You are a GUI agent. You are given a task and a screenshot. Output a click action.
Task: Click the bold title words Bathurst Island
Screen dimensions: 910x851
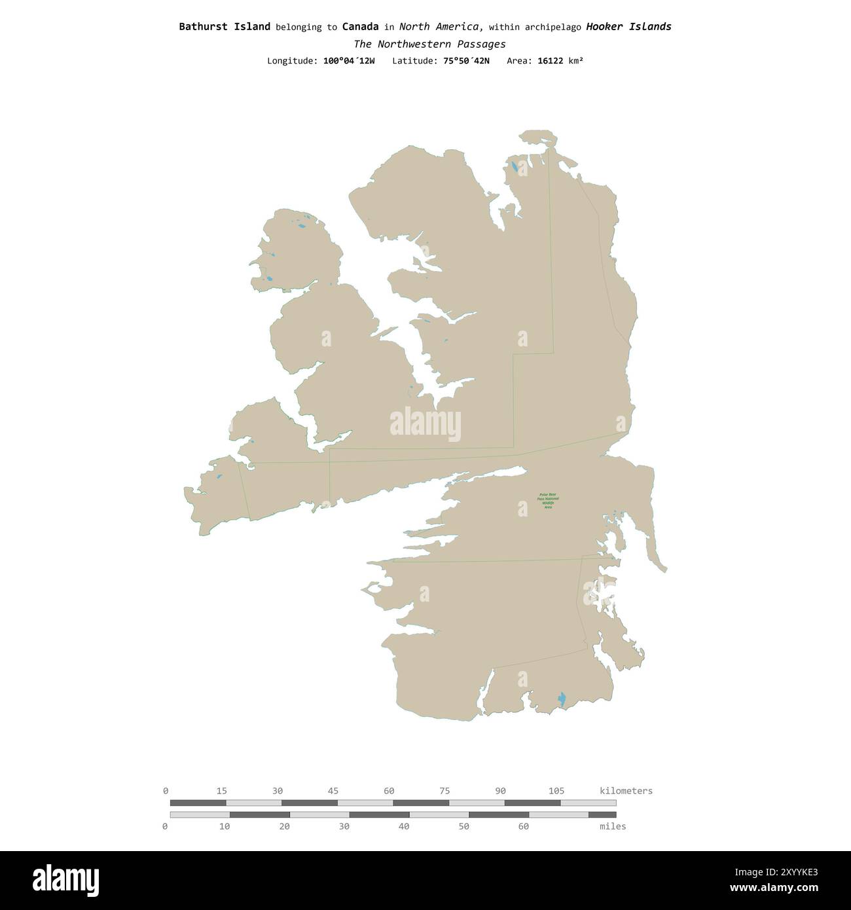(225, 27)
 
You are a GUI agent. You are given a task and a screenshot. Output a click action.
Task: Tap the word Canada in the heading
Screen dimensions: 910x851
(360, 27)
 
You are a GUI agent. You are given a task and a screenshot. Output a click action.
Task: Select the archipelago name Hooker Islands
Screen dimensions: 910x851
(628, 27)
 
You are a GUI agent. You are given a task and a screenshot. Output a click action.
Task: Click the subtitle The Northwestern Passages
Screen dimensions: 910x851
(429, 44)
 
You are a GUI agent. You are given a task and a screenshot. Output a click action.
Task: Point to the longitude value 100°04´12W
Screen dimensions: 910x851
(349, 61)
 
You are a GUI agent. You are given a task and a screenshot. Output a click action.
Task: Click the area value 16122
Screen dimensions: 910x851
(550, 61)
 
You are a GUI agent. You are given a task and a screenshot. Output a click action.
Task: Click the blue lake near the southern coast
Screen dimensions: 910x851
(562, 699)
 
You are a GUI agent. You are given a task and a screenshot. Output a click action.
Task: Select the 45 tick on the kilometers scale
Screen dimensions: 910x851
(333, 791)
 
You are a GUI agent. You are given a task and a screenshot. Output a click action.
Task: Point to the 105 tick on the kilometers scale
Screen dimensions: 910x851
(556, 791)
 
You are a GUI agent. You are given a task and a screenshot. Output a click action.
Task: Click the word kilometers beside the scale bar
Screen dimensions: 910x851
(626, 791)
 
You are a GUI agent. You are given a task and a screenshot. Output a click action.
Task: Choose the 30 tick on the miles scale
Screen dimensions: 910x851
(344, 826)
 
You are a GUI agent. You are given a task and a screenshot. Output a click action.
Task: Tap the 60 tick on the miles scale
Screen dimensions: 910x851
(523, 826)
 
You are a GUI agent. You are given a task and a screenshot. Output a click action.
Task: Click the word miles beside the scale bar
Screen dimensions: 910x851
(613, 826)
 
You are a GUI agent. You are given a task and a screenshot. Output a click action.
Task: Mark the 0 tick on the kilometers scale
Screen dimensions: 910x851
(166, 791)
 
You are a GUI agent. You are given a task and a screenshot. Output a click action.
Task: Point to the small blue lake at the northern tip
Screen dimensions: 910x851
(515, 168)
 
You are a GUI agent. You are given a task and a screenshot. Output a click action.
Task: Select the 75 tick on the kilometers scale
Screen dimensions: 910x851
(445, 791)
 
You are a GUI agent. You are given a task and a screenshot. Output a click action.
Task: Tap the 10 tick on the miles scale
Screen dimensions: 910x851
(225, 826)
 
